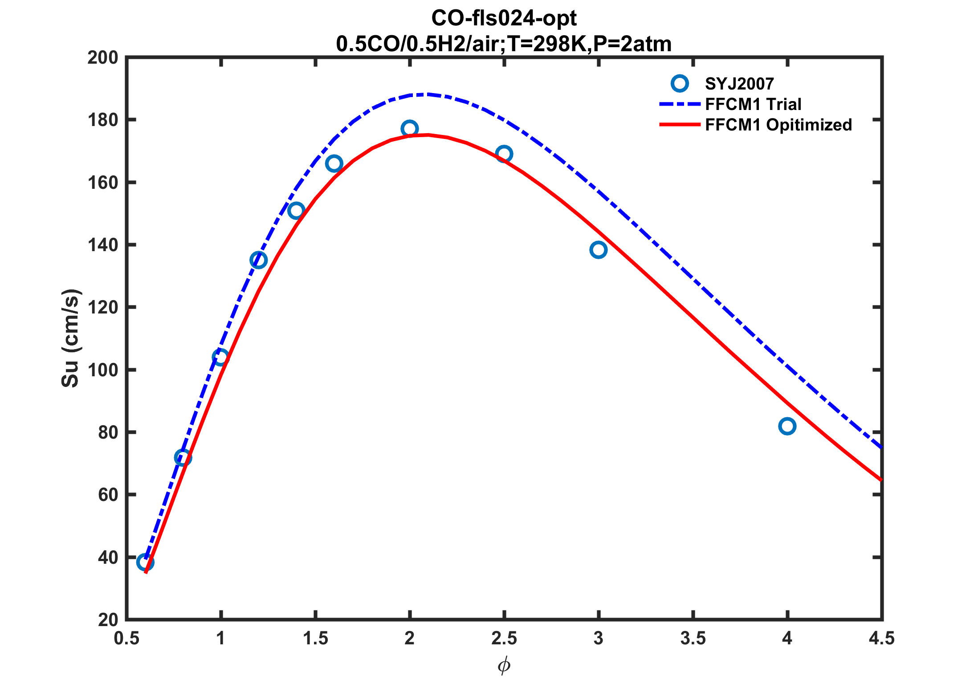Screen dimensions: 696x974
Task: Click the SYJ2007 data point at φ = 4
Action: (787, 426)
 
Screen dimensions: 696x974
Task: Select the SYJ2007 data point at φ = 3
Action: (598, 250)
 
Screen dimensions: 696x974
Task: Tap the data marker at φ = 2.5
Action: (504, 154)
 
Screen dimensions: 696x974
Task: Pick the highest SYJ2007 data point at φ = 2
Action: (409, 129)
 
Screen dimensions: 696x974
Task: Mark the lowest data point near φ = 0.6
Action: (145, 562)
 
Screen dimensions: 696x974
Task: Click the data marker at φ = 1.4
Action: (296, 211)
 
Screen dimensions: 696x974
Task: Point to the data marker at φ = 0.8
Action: (183, 457)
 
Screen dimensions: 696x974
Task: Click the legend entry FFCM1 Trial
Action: (753, 104)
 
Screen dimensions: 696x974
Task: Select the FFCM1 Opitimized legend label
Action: (778, 125)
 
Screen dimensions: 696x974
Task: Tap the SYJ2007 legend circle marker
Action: (680, 83)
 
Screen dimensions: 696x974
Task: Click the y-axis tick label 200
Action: (103, 58)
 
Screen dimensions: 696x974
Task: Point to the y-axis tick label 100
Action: (103, 370)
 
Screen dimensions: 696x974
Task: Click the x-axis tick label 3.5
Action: (693, 639)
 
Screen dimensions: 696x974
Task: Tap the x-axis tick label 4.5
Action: (881, 639)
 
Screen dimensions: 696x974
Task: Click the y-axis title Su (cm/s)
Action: (70, 338)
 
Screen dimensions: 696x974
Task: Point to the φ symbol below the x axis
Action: (504, 666)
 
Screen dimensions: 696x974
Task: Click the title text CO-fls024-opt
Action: (504, 19)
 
